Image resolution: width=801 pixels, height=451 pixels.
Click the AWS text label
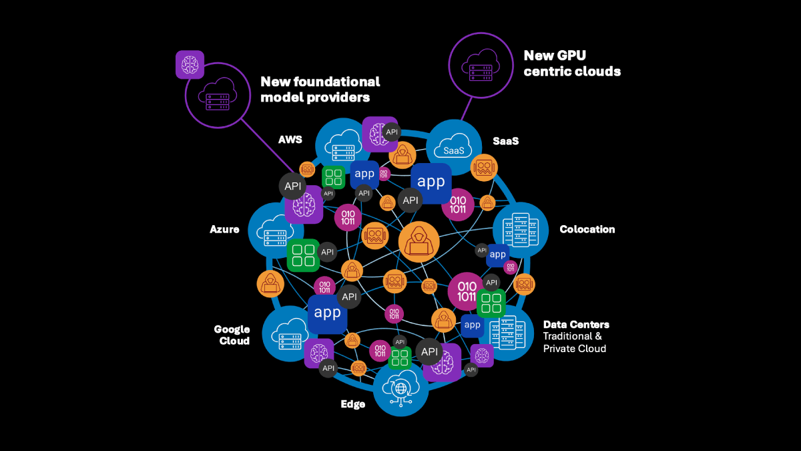290,140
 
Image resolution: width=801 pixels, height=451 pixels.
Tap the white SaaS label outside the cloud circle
505,141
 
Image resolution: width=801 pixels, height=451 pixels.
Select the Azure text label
224,229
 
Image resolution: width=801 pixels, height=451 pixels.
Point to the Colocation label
587,229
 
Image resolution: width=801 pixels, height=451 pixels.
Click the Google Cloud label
232,335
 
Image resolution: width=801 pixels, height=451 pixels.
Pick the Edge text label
352,404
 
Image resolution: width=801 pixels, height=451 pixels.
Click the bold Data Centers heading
575,325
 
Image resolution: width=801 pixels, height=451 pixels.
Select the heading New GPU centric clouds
572,63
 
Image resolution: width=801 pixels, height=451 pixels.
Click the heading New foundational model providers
320,90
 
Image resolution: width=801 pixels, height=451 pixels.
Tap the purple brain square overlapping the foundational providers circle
190,64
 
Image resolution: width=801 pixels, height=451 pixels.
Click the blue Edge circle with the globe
400,388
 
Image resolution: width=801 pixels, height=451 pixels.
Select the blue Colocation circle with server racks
520,229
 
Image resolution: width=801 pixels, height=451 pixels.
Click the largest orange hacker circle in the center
419,241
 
